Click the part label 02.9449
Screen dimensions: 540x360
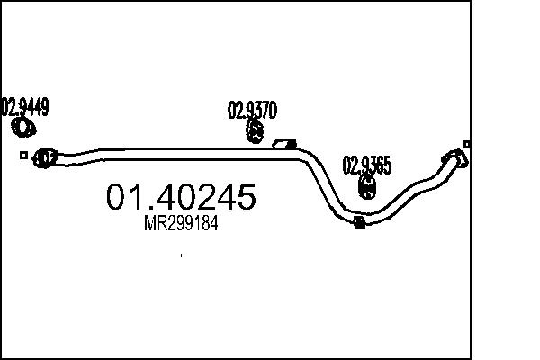pyautogui.click(x=25, y=107)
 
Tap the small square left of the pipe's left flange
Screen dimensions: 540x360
pyautogui.click(x=23, y=156)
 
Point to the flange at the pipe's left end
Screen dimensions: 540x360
pyautogui.click(x=45, y=158)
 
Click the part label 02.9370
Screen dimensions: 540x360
pyautogui.click(x=252, y=110)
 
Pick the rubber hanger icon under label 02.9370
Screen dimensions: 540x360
pyautogui.click(x=256, y=131)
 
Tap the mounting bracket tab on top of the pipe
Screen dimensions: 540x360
pyautogui.click(x=284, y=144)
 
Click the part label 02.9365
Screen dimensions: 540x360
pyautogui.click(x=367, y=165)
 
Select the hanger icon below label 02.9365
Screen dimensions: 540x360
pyautogui.click(x=367, y=186)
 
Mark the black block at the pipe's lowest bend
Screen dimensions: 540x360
pyautogui.click(x=359, y=222)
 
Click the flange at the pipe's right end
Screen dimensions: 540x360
pyautogui.click(x=454, y=158)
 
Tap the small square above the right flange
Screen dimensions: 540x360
pyautogui.click(x=466, y=144)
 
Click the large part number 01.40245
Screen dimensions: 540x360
pyautogui.click(x=181, y=197)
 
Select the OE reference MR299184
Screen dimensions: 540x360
pyautogui.click(x=181, y=223)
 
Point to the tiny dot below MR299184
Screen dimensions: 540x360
pyautogui.click(x=181, y=255)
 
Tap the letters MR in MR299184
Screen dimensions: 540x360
pyautogui.click(x=154, y=223)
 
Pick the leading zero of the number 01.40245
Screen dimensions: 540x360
pyautogui.click(x=116, y=197)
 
